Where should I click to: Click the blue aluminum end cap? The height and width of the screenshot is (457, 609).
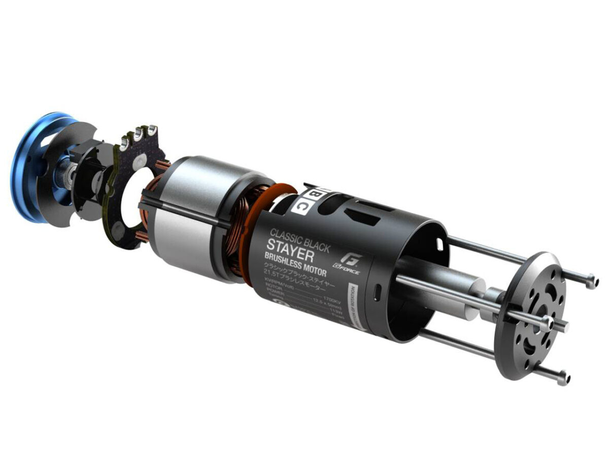click(30, 168)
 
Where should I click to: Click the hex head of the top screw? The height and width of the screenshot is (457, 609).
click(590, 280)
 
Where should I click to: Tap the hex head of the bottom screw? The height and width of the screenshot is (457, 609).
click(562, 377)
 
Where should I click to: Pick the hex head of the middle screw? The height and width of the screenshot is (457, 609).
click(547, 321)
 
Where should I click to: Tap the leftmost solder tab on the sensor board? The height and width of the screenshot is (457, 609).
click(125, 138)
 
